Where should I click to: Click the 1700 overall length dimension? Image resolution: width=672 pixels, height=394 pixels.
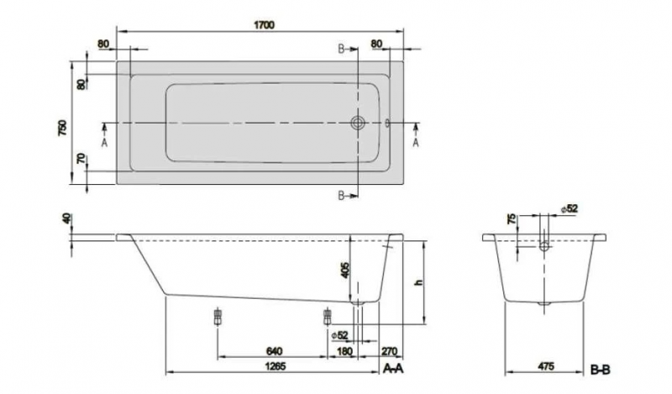(264, 25)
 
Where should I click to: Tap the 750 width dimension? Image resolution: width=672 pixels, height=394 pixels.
(62, 129)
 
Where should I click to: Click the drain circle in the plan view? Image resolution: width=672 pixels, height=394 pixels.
(358, 123)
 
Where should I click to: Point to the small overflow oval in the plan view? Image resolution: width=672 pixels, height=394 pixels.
(387, 123)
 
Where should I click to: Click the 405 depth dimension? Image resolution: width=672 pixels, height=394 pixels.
(345, 271)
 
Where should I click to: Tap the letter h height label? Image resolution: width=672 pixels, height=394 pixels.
(419, 282)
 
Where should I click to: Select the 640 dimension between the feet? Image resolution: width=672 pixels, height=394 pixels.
(275, 351)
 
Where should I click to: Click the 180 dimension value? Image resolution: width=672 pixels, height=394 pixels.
(345, 351)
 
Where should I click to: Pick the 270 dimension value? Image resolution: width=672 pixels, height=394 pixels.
(389, 351)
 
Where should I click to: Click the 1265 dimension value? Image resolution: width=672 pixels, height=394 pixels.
(276, 366)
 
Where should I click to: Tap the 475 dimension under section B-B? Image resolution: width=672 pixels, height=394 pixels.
(545, 366)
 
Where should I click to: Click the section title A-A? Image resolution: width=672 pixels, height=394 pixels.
(393, 368)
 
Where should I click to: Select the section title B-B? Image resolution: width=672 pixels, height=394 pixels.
(601, 369)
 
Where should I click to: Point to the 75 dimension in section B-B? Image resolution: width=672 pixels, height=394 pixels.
(512, 219)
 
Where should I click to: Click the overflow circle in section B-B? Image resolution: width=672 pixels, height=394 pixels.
(544, 246)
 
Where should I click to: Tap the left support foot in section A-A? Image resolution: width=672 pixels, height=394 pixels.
(218, 317)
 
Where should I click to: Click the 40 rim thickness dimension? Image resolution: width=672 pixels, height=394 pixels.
(66, 218)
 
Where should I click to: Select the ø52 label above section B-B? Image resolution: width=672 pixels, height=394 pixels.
(570, 209)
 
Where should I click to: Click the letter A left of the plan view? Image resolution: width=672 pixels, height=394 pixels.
(104, 143)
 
